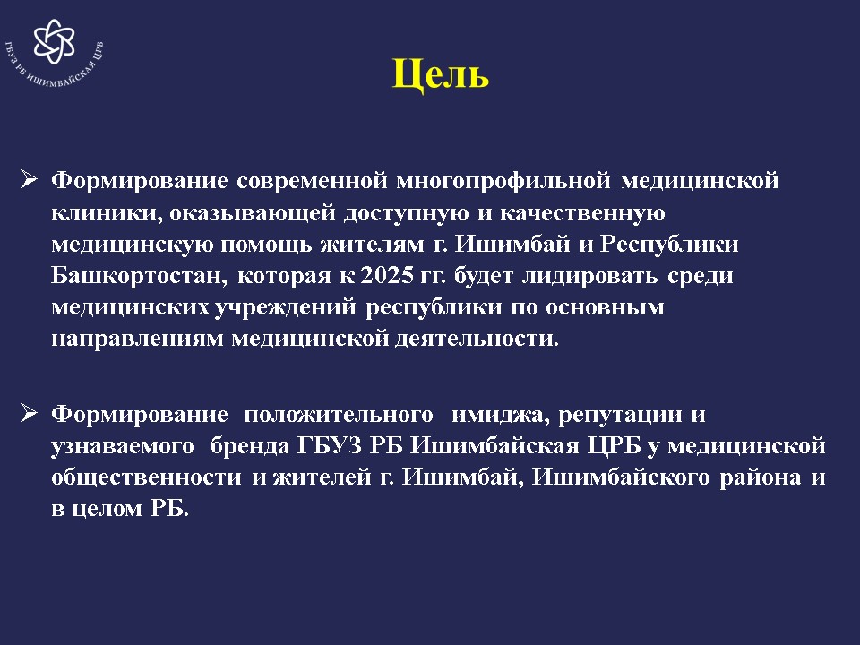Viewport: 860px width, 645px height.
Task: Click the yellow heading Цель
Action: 441,74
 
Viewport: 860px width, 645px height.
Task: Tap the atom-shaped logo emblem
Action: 54,41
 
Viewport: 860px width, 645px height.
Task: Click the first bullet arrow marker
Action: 29,179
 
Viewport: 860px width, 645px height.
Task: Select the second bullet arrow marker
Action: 29,412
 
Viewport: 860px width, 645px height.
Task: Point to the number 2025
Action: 387,275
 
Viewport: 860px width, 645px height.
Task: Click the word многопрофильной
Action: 503,180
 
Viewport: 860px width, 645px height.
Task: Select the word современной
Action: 312,180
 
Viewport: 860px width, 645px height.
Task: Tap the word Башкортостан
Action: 139,275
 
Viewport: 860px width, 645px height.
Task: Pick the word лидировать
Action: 589,276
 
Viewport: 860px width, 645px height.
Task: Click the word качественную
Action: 582,213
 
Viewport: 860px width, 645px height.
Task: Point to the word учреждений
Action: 285,307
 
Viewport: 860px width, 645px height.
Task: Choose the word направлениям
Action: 138,339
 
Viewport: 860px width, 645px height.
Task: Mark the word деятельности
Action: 477,339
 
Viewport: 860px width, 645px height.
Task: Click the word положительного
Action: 339,415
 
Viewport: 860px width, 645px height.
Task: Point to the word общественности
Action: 146,477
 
